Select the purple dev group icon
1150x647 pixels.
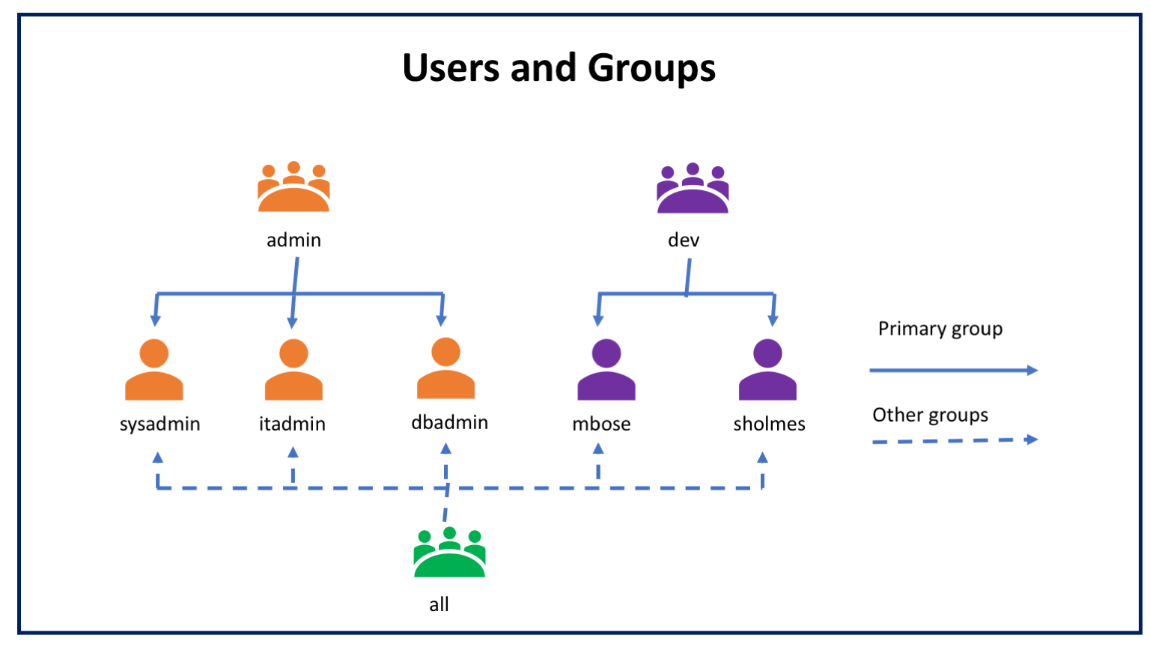693,189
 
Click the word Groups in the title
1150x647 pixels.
651,68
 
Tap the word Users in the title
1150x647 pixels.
451,68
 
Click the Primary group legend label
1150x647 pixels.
940,329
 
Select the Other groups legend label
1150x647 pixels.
930,415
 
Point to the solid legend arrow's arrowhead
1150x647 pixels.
1032,370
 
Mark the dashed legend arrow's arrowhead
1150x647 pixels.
1032,440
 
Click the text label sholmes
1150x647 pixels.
769,424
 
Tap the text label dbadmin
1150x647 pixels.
449,422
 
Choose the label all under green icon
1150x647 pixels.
439,604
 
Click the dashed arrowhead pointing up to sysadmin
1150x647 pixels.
157,458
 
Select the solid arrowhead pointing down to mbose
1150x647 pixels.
598,321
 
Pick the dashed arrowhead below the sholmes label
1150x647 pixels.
762,458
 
